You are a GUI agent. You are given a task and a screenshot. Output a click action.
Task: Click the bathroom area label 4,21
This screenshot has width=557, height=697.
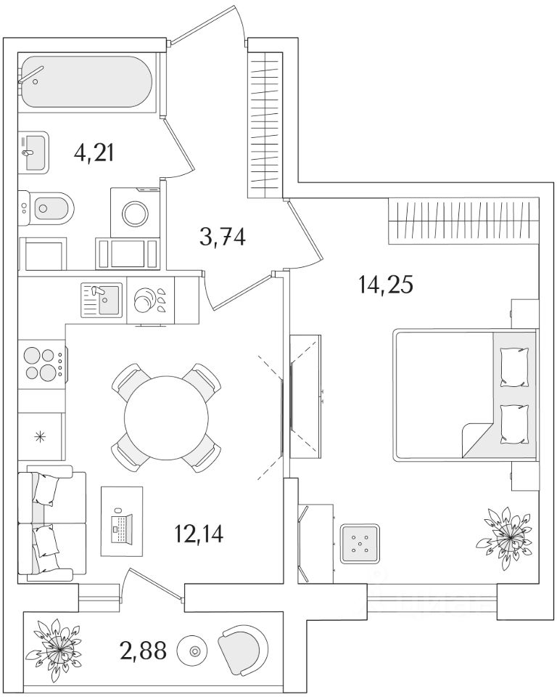[94, 153]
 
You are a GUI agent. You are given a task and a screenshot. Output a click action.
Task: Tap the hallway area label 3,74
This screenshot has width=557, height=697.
[223, 236]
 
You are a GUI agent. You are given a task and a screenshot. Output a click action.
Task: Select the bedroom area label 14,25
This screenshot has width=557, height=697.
[385, 285]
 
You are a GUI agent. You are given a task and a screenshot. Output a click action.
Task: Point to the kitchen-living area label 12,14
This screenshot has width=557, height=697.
[199, 534]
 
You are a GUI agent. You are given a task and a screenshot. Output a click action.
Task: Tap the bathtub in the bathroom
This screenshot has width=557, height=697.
[86, 83]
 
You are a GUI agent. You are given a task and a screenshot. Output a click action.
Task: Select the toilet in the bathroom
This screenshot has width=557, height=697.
[47, 209]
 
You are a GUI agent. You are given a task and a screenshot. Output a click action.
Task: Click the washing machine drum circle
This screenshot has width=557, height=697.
[135, 213]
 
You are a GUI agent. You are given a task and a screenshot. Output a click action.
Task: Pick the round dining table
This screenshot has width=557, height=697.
[165, 417]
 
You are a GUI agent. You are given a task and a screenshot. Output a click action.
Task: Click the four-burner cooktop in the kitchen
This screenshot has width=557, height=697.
[41, 364]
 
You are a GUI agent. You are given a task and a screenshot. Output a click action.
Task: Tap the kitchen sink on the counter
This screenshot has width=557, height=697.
[101, 300]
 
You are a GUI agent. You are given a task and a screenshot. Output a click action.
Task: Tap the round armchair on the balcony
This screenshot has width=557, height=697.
[243, 648]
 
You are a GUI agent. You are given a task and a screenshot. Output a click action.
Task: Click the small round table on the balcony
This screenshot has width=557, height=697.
[194, 650]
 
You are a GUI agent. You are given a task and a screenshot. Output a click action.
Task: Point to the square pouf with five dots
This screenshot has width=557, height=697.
[360, 543]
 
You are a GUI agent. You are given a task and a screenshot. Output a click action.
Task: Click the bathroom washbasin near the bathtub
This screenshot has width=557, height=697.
[33, 151]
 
